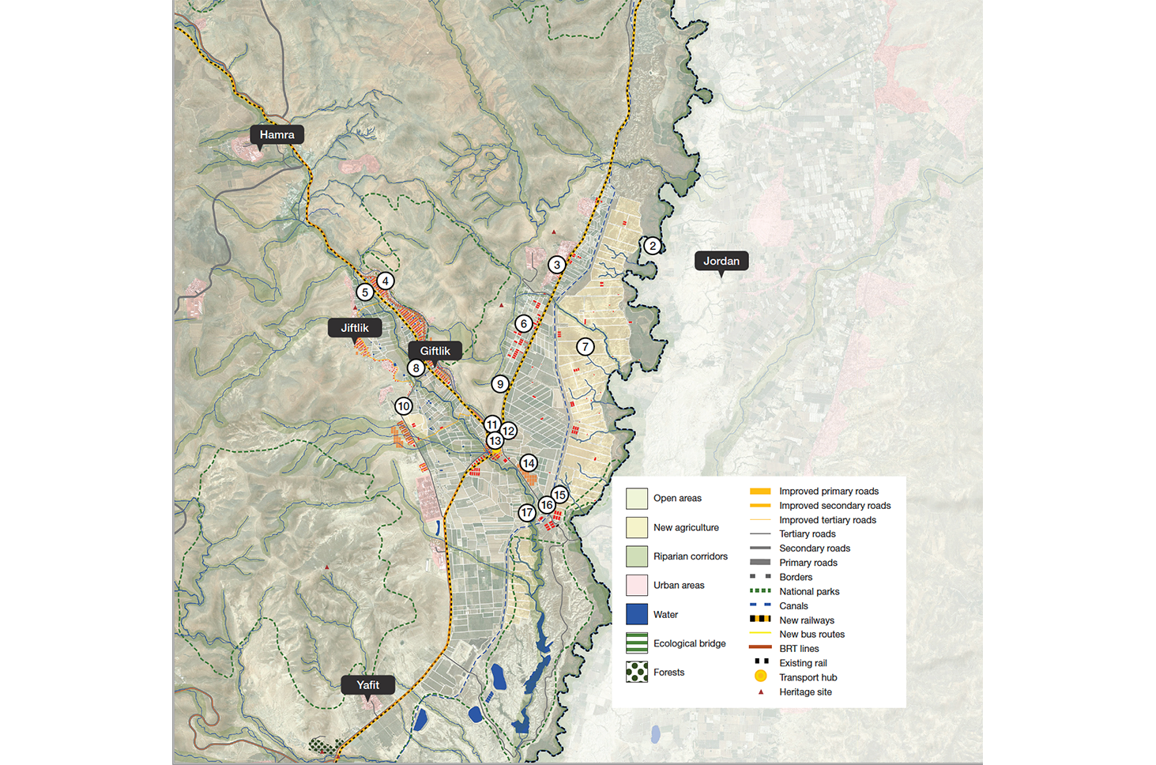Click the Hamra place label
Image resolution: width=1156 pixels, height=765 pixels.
pos(277,135)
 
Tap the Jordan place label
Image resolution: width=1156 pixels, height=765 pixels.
pos(721,261)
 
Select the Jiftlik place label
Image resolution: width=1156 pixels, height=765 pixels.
pos(354,328)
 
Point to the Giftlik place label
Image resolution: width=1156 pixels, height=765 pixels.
pos(435,351)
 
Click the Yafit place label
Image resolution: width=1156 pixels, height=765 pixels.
pos(367,685)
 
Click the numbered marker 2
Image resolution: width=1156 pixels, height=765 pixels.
pos(652,246)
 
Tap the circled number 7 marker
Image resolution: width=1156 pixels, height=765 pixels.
pos(585,347)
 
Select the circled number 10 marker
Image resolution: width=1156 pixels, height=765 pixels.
pos(404,406)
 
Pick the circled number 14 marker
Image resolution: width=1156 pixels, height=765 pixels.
pos(529,463)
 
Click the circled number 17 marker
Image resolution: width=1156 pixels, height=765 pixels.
pos(527,513)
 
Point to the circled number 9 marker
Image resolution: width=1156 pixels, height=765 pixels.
pos(499,384)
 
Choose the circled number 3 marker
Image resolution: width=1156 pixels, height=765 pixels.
pos(557,265)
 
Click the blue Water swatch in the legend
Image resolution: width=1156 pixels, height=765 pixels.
pos(637,614)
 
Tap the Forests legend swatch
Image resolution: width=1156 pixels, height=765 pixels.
pos(637,673)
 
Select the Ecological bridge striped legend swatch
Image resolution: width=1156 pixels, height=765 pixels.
pos(637,643)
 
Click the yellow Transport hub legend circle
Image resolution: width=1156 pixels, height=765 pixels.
pos(760,676)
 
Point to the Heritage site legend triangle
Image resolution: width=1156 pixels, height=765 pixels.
pos(760,692)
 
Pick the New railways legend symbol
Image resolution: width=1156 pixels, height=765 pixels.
pos(760,620)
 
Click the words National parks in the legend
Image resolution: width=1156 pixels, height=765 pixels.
pos(809,591)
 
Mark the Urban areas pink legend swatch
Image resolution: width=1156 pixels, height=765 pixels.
pos(637,586)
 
